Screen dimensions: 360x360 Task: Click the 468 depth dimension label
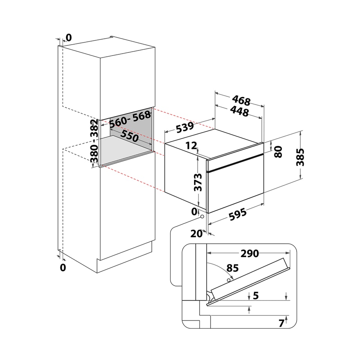[241, 100]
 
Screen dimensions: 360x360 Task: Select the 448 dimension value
[239, 111]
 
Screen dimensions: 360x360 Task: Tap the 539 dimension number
[185, 127]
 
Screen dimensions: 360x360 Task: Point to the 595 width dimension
[238, 214]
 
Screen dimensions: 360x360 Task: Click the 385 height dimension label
[300, 157]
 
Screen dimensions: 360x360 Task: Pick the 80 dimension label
[278, 152]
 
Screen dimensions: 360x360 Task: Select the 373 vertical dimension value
[198, 182]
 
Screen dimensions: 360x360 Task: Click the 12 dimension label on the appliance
[191, 146]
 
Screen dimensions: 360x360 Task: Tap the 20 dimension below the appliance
[196, 234]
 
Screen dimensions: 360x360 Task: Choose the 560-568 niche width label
[130, 120]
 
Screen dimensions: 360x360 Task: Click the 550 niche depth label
[129, 136]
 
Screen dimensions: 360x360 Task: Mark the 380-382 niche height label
[94, 141]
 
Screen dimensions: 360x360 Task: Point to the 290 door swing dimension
[250, 254]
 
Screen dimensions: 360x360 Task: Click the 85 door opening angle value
[232, 268]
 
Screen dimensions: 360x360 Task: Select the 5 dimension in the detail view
[256, 296]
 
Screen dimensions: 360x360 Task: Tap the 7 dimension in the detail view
[281, 323]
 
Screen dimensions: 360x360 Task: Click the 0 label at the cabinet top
[68, 38]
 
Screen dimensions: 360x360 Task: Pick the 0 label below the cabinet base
[63, 268]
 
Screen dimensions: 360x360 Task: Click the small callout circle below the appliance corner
[202, 216]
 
